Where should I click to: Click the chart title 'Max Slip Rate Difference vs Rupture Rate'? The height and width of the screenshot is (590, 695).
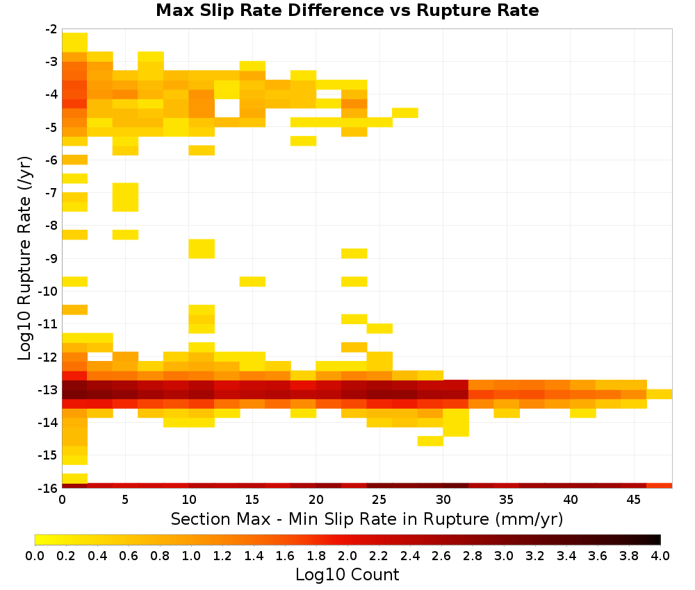click(347, 10)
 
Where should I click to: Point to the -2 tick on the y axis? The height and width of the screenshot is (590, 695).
click(51, 30)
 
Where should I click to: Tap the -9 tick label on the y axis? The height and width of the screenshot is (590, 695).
click(51, 258)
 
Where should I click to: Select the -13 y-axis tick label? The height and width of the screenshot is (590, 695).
click(48, 390)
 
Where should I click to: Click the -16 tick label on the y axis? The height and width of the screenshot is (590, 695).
click(48, 488)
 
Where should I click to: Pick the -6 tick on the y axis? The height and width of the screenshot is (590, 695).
click(51, 160)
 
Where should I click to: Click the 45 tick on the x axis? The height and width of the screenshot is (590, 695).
click(633, 500)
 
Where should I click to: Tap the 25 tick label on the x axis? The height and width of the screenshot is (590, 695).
click(379, 500)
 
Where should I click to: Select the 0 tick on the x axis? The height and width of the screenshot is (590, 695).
click(62, 500)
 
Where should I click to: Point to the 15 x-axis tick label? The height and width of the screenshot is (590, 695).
click(252, 500)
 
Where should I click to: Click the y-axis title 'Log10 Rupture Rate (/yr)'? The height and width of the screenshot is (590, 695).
click(24, 258)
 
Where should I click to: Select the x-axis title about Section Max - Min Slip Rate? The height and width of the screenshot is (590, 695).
click(367, 519)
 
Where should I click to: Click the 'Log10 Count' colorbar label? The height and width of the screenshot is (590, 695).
click(347, 575)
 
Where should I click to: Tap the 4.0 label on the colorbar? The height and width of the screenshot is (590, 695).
click(660, 555)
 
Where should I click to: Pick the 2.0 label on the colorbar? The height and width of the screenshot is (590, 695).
click(347, 555)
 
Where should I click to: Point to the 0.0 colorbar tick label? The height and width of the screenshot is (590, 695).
click(35, 555)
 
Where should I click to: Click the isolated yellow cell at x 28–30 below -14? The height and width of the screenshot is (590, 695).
click(430, 441)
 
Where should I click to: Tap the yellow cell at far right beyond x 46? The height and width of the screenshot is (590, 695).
click(660, 394)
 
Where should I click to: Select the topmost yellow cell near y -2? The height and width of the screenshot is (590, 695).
click(75, 42)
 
